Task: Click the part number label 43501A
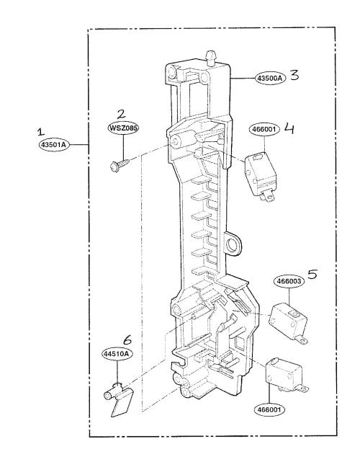[x=54, y=145]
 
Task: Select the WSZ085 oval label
[x=123, y=128]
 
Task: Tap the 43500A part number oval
[x=270, y=78]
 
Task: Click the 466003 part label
[x=289, y=281]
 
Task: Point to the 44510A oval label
[x=117, y=354]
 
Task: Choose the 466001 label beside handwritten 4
[x=264, y=129]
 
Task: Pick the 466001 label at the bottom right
[x=269, y=409]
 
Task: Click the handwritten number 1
[x=40, y=132]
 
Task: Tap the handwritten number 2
[x=121, y=114]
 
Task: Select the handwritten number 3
[x=294, y=75]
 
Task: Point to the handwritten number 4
[x=289, y=129]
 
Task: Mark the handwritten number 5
[x=312, y=274]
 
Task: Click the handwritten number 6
[x=127, y=340]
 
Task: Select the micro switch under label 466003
[x=288, y=323]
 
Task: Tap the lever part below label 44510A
[x=118, y=400]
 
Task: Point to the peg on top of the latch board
[x=210, y=58]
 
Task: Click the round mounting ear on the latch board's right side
[x=233, y=244]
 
